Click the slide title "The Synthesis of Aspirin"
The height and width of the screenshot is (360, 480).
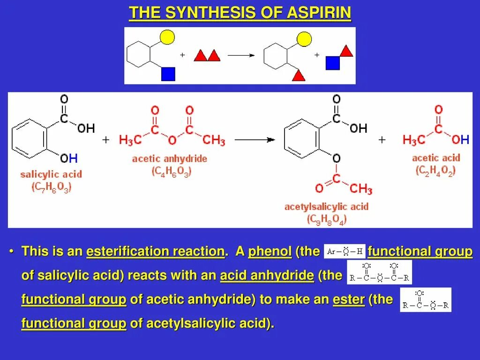[240, 13]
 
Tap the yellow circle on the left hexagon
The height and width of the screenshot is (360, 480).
[168, 37]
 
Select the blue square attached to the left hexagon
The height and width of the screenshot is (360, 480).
[168, 74]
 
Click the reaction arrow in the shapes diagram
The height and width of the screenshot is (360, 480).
[241, 55]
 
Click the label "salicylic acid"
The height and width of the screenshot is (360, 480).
[51, 174]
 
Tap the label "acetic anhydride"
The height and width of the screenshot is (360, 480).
[170, 158]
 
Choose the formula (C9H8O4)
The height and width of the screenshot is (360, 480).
[326, 219]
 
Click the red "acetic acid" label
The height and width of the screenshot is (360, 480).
[436, 158]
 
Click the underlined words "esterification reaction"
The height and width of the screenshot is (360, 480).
[155, 252]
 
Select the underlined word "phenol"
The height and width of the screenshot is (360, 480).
[270, 252]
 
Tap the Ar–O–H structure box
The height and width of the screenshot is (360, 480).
[345, 251]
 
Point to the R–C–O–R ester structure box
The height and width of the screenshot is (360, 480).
[426, 300]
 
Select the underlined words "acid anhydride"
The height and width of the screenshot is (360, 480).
[267, 276]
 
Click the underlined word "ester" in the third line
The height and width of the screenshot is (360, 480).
[348, 300]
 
